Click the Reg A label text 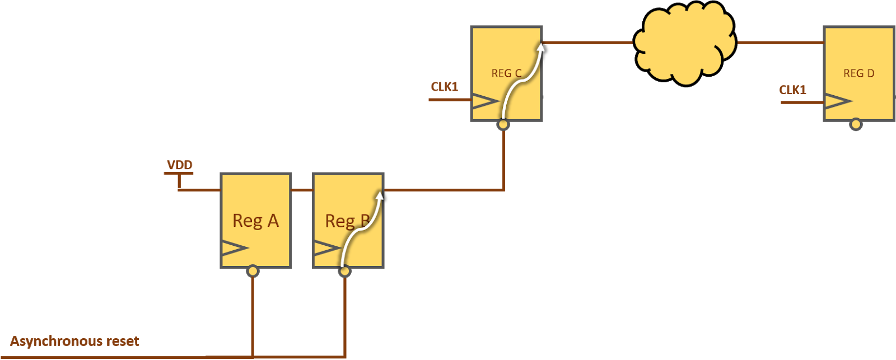pyautogui.click(x=255, y=221)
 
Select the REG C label pyautogui.click(x=506, y=73)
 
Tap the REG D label pyautogui.click(x=858, y=73)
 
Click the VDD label pyautogui.click(x=180, y=165)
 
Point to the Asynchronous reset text pyautogui.click(x=74, y=341)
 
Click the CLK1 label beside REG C pyautogui.click(x=444, y=87)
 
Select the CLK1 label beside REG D pyautogui.click(x=792, y=90)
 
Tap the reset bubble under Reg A pyautogui.click(x=253, y=272)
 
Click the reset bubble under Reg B pyautogui.click(x=345, y=272)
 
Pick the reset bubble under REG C pyautogui.click(x=503, y=124)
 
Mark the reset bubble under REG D pyautogui.click(x=856, y=124)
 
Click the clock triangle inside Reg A pyautogui.click(x=234, y=248)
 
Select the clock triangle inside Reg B pyautogui.click(x=326, y=248)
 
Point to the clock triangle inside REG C pyautogui.click(x=485, y=101)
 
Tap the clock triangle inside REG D pyautogui.click(x=837, y=101)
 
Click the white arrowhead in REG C pyautogui.click(x=540, y=47)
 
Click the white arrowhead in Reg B pyautogui.click(x=380, y=195)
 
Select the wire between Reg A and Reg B pyautogui.click(x=302, y=190)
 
